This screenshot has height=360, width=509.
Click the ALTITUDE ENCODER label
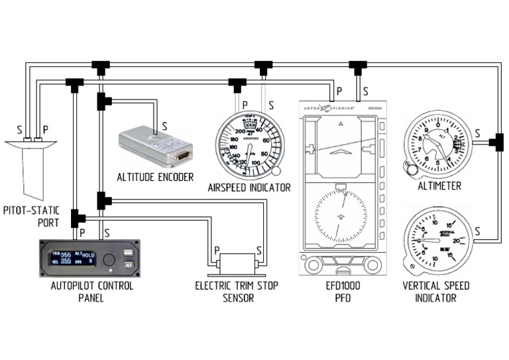pyautogui.click(x=155, y=177)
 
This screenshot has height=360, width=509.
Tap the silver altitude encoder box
pyautogui.click(x=155, y=147)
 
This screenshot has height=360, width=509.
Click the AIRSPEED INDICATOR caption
pyautogui.click(x=249, y=188)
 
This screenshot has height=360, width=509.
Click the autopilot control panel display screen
pyautogui.click(x=73, y=257)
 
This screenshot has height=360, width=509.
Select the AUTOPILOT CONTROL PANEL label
pyautogui.click(x=92, y=292)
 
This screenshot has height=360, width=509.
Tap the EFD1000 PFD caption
pyautogui.click(x=341, y=292)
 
